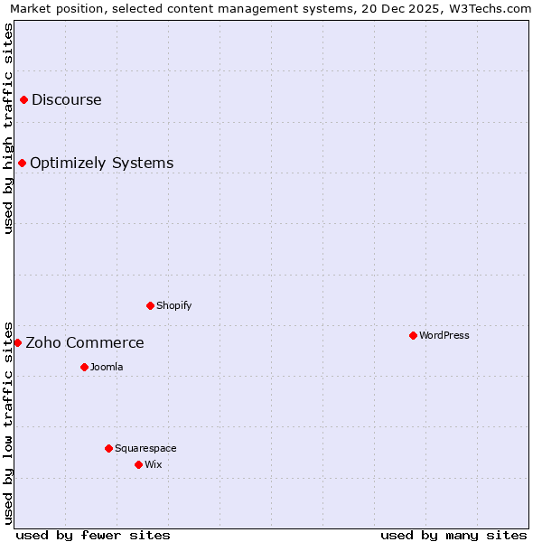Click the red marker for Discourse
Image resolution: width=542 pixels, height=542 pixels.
click(23, 99)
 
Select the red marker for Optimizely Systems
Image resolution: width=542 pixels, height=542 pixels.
click(22, 163)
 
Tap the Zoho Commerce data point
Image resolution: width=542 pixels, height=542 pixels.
click(17, 342)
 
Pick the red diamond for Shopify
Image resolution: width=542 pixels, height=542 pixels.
click(150, 305)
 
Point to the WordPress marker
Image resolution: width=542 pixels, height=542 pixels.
click(413, 335)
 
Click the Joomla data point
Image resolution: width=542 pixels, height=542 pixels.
click(84, 367)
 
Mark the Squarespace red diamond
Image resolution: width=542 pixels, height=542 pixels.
click(108, 448)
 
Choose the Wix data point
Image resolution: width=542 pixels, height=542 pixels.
click(138, 464)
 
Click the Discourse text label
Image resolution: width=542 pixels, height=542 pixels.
click(67, 99)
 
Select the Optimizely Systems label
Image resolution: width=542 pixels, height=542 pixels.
click(102, 163)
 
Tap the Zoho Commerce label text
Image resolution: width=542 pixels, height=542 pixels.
click(85, 342)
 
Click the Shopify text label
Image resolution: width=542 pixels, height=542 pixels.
click(174, 305)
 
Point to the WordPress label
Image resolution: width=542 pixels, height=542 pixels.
click(444, 335)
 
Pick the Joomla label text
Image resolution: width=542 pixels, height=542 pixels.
click(107, 367)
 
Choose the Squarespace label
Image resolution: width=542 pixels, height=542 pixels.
click(145, 448)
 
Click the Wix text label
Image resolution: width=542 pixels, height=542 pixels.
click(153, 464)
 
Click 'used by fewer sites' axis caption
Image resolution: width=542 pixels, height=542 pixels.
click(93, 535)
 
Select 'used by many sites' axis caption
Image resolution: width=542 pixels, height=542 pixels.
click(453, 535)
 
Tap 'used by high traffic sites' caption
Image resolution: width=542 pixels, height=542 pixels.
click(8, 128)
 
